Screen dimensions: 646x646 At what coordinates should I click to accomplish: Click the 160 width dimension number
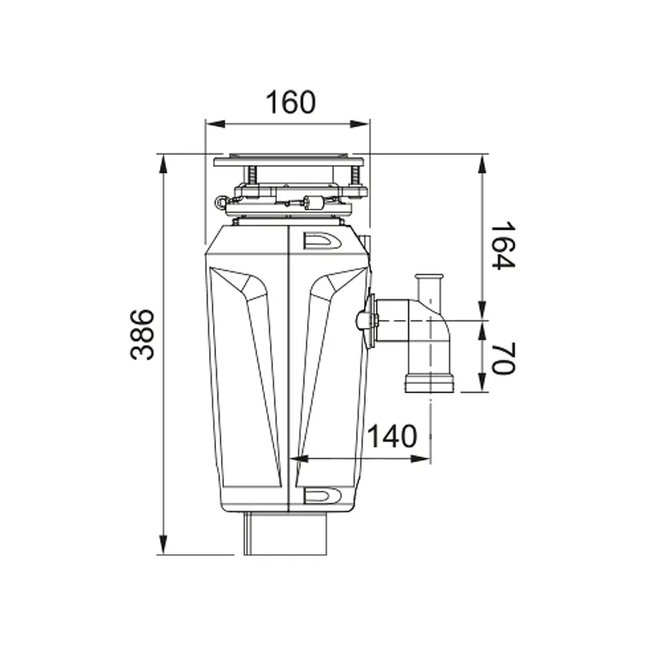pyautogui.click(x=291, y=102)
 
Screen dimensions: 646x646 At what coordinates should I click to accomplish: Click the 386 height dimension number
pyautogui.click(x=142, y=334)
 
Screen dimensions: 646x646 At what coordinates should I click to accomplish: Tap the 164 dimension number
pyautogui.click(x=502, y=245)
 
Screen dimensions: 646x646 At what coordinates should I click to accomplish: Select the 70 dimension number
pyautogui.click(x=502, y=358)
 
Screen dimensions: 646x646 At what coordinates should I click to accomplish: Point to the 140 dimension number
pyautogui.click(x=392, y=436)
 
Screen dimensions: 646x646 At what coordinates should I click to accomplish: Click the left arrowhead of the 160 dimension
pyautogui.click(x=215, y=124)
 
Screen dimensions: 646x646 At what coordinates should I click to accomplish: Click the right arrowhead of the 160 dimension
pyautogui.click(x=360, y=124)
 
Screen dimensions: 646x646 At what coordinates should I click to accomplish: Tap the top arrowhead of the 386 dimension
pyautogui.click(x=163, y=164)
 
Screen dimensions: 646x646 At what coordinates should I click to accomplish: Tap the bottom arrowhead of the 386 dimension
pyautogui.click(x=163, y=545)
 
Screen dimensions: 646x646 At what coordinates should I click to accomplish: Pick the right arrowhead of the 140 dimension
pyautogui.click(x=421, y=459)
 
